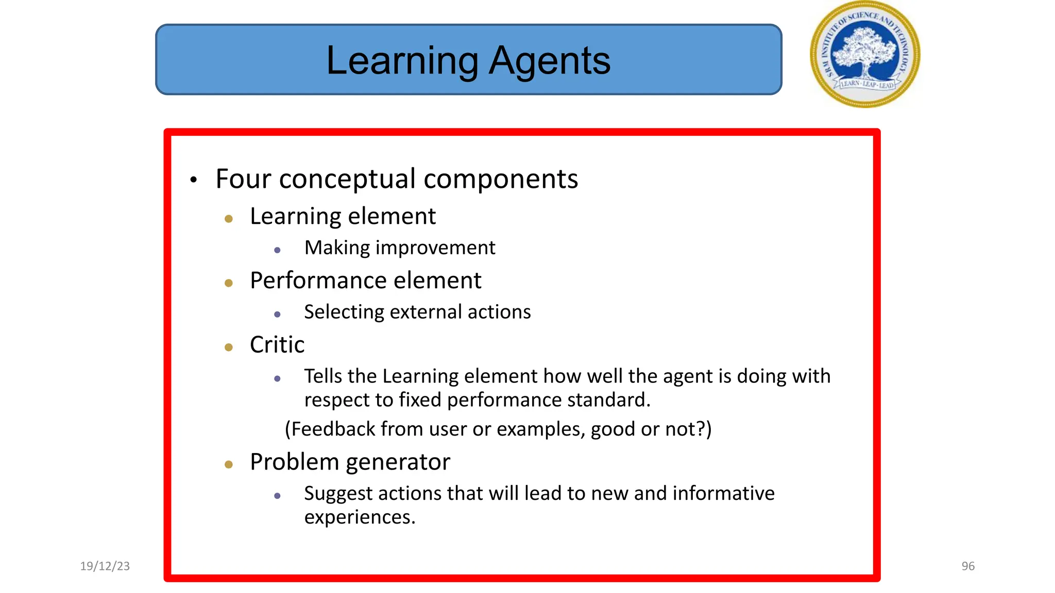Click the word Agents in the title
coord(549,61)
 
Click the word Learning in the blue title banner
coord(402,61)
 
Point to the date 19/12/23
coord(105,566)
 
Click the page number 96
coord(968,566)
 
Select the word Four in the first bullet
coord(243,179)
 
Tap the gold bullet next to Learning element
coord(229,219)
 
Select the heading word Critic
coord(277,345)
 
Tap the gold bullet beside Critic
coord(229,347)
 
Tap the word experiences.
coord(360,517)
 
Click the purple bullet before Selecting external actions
coord(277,314)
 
